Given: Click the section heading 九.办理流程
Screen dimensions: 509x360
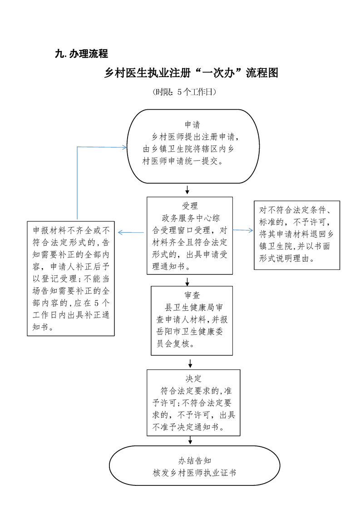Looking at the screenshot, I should [81, 54].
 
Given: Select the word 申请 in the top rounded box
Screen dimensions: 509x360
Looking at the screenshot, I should [192, 124].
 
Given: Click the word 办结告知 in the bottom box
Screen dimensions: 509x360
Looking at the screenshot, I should [195, 460].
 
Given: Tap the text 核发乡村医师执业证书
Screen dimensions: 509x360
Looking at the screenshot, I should [195, 473].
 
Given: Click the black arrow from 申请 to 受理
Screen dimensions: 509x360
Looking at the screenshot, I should [187, 189].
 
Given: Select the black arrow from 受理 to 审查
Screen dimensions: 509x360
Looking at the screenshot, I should [187, 280].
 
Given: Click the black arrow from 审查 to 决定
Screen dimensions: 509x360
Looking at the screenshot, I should [190, 363].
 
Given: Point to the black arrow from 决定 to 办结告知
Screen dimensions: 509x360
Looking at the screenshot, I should [190, 440].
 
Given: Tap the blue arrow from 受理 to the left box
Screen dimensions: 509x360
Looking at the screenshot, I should [132, 233].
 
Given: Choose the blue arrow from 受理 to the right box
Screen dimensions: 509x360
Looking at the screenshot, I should [243, 230].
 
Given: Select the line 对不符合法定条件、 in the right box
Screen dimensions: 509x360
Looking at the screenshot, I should [297, 210].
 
